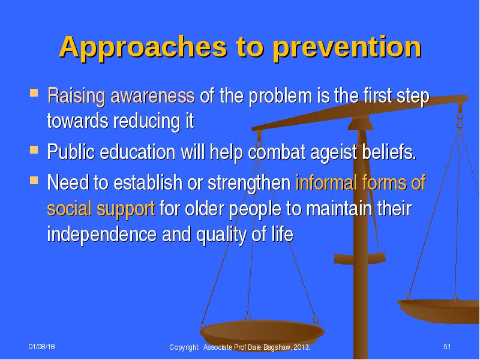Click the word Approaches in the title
143,47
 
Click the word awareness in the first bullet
152,95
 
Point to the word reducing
147,122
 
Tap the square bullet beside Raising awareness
34,92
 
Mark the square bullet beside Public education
34,149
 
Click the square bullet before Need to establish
34,180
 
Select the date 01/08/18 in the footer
41,347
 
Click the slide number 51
447,347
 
